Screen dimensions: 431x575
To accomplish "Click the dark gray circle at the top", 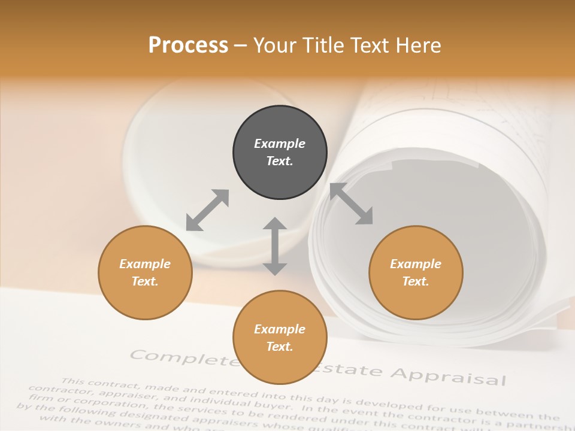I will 280,152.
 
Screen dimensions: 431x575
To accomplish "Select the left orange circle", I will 145,272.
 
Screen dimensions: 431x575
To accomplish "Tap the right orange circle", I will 416,272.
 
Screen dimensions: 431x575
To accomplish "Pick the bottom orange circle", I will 280,338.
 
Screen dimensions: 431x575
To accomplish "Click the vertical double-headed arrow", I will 275,246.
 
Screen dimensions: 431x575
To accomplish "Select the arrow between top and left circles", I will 207,210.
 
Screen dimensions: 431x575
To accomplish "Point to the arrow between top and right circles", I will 352,204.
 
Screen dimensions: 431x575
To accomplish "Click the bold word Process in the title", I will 188,45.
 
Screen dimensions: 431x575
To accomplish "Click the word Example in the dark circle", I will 280,144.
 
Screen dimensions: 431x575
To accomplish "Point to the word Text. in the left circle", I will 145,281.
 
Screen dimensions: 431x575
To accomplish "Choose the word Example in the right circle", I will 416,264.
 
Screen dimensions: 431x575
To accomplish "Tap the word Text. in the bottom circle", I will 280,347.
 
